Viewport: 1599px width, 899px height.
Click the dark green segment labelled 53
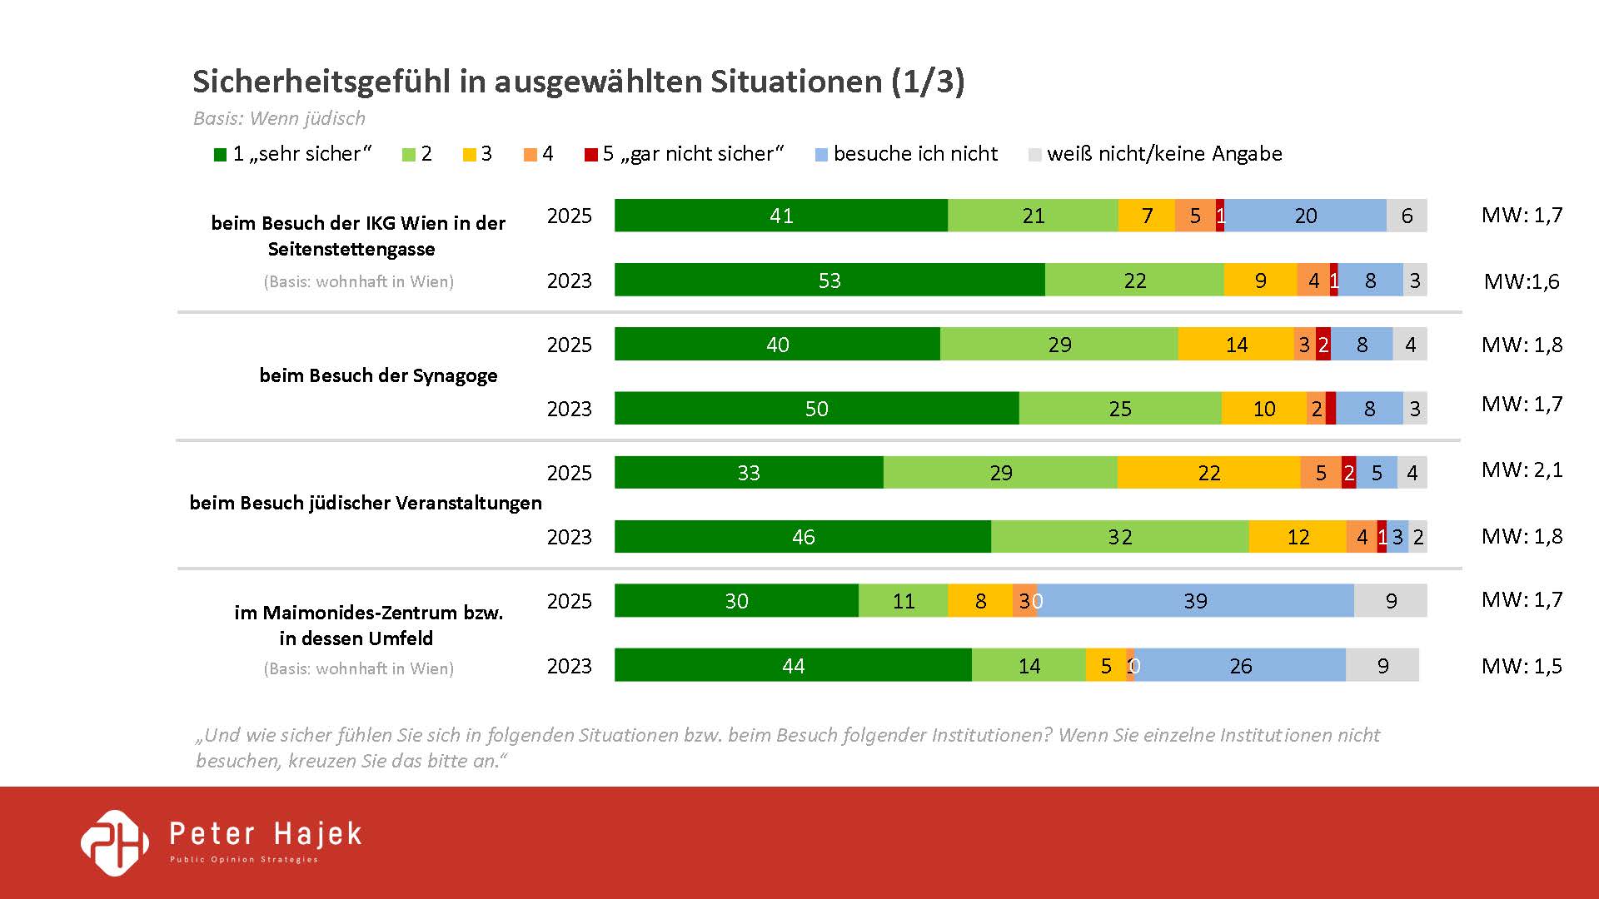pos(829,281)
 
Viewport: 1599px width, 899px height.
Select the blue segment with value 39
pos(1196,601)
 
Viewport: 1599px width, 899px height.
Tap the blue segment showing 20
pos(1305,216)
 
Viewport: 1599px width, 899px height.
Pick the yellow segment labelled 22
pos(1208,473)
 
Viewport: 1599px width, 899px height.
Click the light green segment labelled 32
pos(1119,537)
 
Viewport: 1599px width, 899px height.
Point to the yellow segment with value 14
pos(1236,345)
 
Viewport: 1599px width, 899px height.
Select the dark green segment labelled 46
pos(803,537)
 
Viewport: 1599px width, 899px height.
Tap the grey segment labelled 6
pos(1407,216)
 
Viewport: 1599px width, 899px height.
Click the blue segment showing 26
pos(1240,666)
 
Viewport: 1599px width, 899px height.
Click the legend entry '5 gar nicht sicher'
pos(685,154)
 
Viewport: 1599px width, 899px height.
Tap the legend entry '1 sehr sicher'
pos(293,154)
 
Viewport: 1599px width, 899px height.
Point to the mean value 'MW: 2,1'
pos(1522,470)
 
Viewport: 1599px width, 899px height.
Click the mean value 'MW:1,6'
pos(1522,281)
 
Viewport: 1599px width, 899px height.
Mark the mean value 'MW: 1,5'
pos(1522,666)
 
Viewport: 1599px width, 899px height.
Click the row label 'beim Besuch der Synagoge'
pos(378,375)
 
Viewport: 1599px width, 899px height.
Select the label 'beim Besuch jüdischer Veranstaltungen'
pos(366,503)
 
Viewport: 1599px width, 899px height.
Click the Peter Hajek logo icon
pos(115,842)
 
